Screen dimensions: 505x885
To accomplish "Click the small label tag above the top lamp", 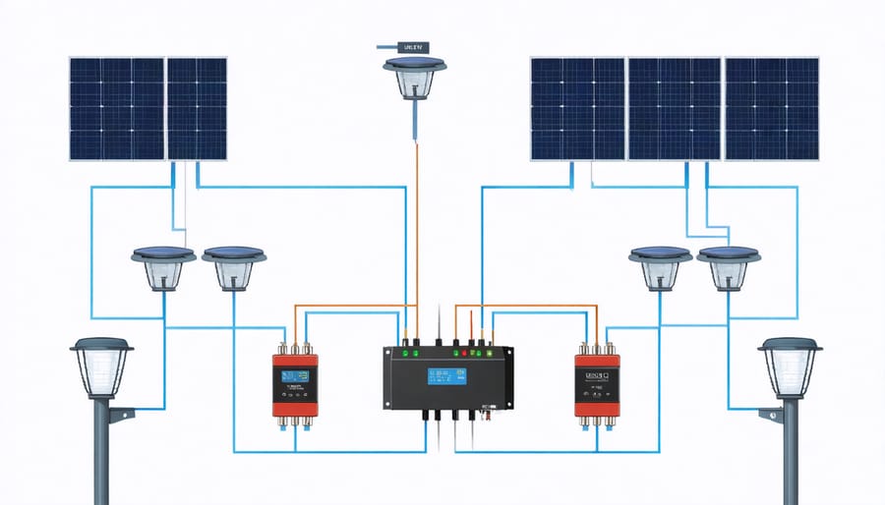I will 414,45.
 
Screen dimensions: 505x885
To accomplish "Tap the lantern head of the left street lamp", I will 101,367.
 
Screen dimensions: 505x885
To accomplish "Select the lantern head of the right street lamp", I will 790,367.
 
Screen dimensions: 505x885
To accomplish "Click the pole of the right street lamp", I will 791,452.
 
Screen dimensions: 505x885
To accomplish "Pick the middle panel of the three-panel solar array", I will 676,108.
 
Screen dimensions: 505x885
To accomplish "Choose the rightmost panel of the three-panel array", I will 772,108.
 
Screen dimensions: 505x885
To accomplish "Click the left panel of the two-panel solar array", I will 116,108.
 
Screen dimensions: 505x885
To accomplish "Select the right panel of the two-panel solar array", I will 197,108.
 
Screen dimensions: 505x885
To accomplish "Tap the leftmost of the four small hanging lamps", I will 162,267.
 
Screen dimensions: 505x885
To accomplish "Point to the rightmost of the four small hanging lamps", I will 729,267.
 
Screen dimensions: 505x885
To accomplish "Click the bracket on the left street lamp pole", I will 120,416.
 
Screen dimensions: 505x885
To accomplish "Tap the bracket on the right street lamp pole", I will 771,416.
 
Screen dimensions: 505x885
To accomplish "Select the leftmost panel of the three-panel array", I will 577,108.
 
